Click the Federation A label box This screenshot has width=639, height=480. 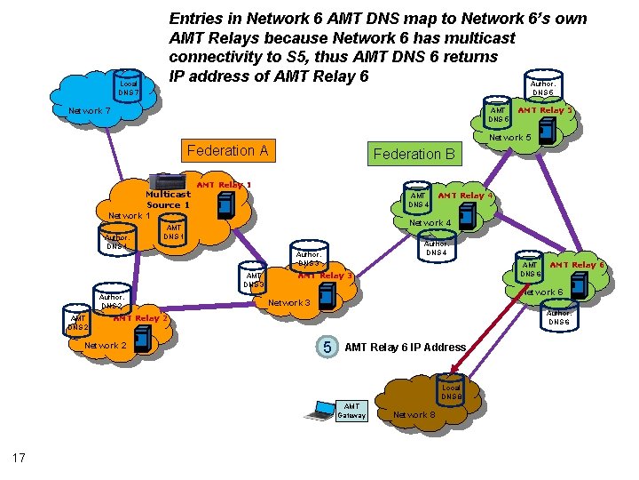(228, 150)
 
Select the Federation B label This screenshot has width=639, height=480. (414, 154)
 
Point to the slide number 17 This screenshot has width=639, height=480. (19, 458)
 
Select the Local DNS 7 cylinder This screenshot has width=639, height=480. (129, 88)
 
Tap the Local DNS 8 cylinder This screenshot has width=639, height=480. (451, 392)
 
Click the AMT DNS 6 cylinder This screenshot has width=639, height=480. (530, 269)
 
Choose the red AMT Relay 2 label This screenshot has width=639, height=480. (141, 317)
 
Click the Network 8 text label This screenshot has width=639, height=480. (414, 415)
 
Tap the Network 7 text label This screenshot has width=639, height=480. (89, 111)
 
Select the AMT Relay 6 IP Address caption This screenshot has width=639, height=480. (405, 347)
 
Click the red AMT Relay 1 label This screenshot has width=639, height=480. (224, 185)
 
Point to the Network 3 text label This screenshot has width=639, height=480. (288, 303)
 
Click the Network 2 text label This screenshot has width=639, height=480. (105, 345)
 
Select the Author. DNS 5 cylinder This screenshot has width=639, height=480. (542, 88)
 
